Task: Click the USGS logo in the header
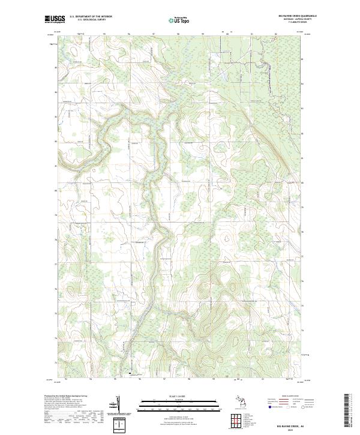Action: coord(55,19)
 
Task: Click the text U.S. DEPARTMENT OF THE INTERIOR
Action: coord(91,17)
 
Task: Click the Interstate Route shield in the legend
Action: coord(268,407)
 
